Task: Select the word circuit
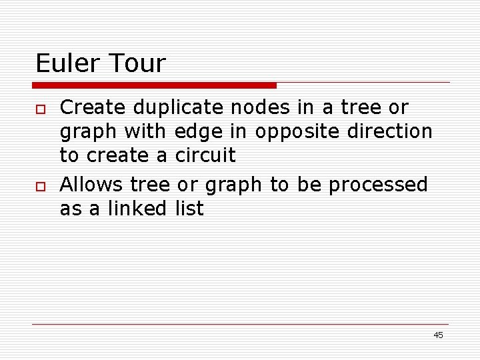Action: (205, 155)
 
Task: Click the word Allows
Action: (92, 184)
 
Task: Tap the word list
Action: (189, 209)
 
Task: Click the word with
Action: (151, 131)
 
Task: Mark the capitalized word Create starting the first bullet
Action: (93, 107)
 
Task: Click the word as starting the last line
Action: (70, 209)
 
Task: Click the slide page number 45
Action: (438, 335)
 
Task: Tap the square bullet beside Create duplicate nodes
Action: (40, 108)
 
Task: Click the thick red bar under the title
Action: (155, 85)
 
